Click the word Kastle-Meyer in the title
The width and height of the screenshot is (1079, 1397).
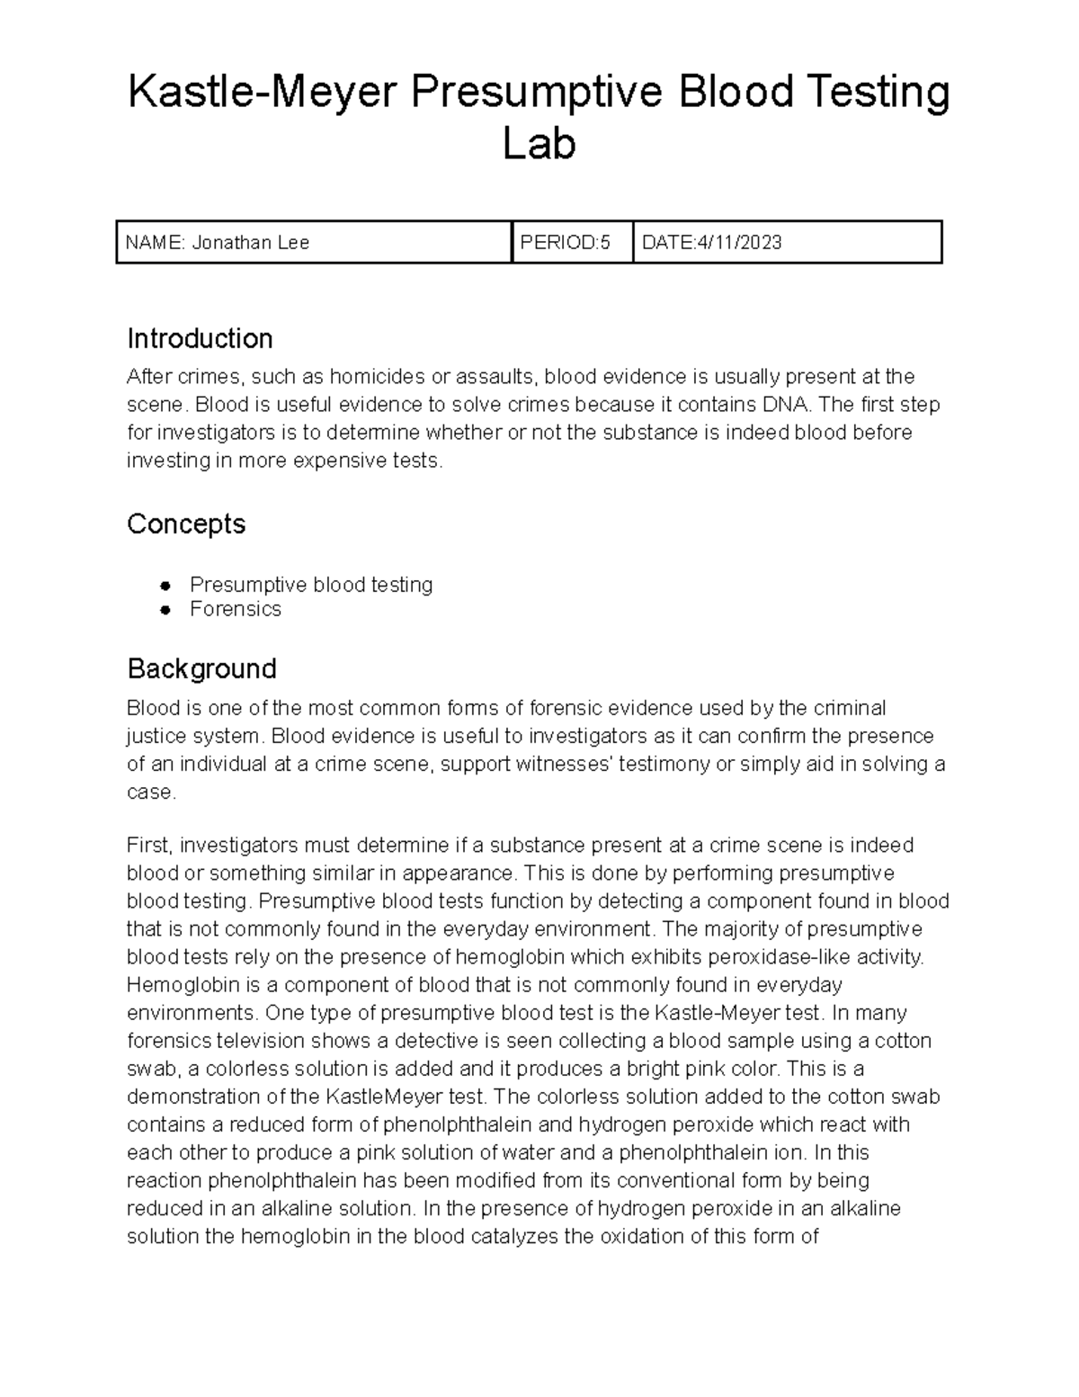pos(260,94)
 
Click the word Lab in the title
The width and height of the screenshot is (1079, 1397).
pos(539,145)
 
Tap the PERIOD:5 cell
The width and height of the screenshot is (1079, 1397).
pos(565,243)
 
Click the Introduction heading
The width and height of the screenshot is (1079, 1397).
pos(200,339)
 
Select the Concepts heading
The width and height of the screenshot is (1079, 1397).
pos(186,524)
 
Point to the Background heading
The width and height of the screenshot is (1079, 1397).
pos(201,668)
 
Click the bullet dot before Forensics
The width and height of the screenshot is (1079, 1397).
pos(165,610)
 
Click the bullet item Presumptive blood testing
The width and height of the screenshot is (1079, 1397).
pos(311,585)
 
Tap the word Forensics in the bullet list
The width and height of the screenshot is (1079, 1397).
pos(236,610)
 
